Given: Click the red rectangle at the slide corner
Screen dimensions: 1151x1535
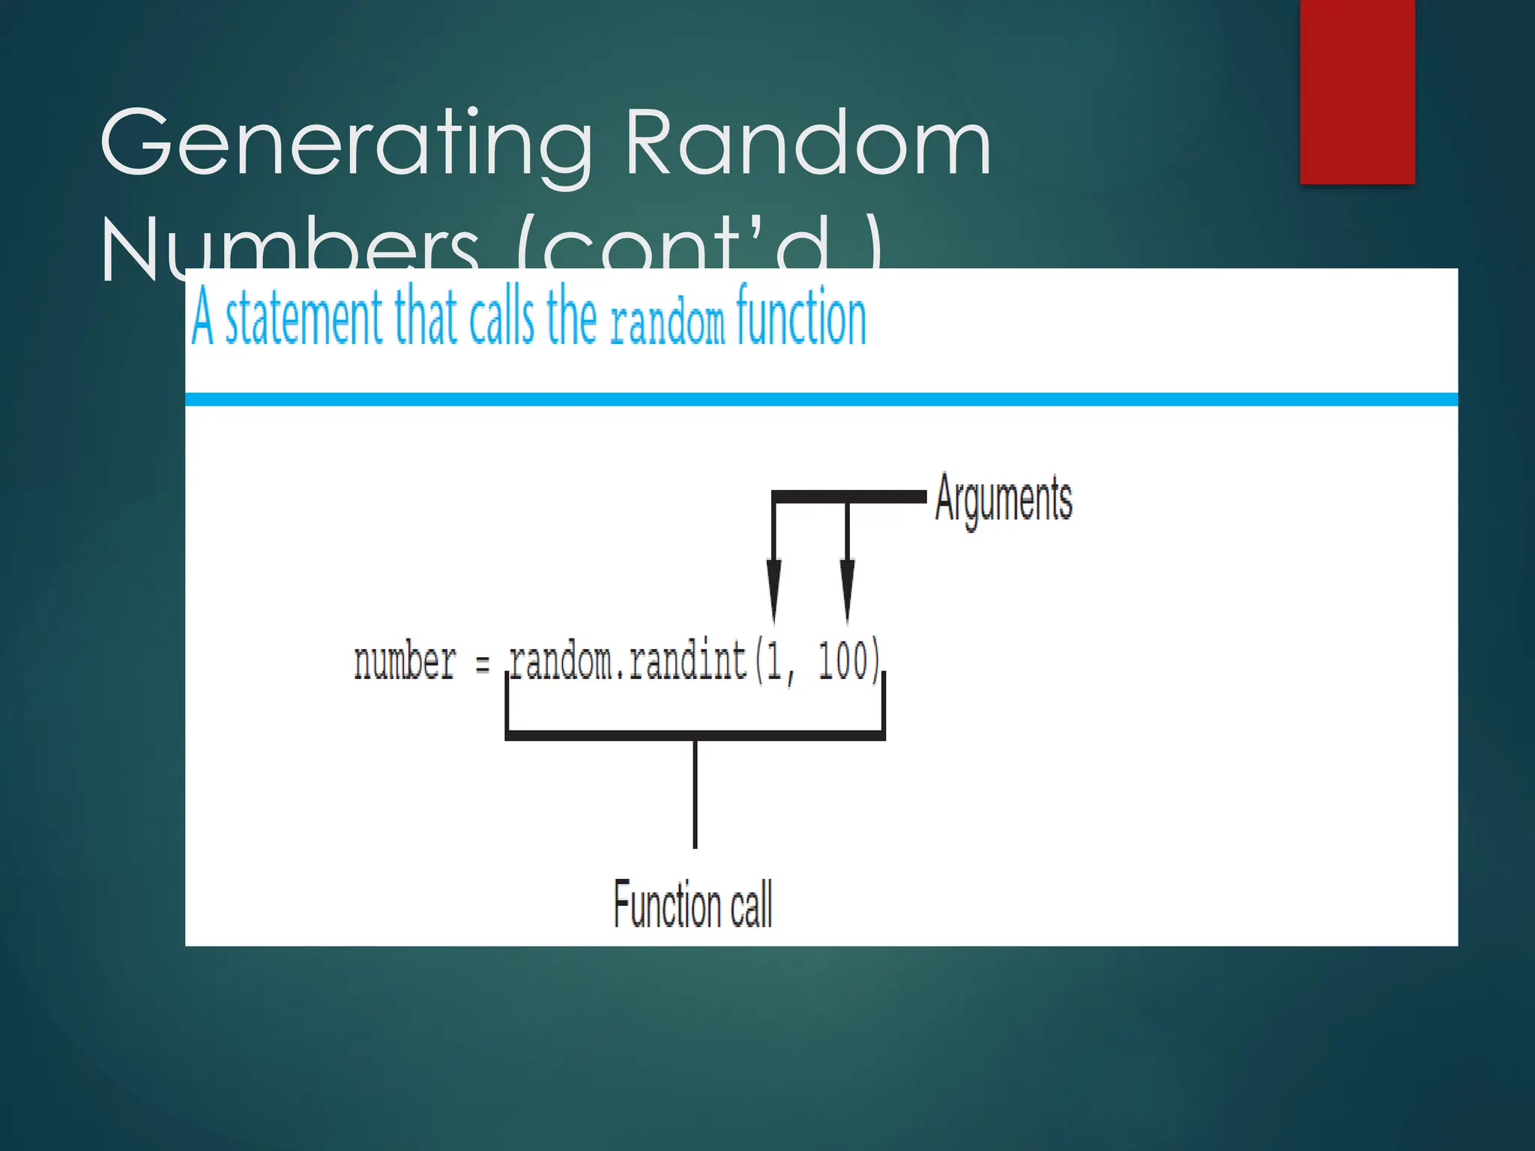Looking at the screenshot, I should pyautogui.click(x=1357, y=91).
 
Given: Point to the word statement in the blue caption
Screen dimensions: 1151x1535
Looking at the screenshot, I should pyautogui.click(x=304, y=318).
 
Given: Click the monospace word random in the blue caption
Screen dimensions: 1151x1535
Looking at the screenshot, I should pyautogui.click(x=667, y=324).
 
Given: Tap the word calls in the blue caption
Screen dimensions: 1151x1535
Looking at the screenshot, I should pyautogui.click(x=501, y=318).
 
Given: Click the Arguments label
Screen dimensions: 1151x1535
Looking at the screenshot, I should pyautogui.click(x=1003, y=499).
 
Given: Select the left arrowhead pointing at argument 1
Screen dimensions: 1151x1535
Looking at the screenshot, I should pyautogui.click(x=773, y=588).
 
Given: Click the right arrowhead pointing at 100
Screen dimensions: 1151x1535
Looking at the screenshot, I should pyautogui.click(x=847, y=588).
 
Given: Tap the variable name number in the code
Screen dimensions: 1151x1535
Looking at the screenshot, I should pyautogui.click(x=405, y=662).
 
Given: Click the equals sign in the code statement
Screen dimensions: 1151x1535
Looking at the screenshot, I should pyautogui.click(x=483, y=664).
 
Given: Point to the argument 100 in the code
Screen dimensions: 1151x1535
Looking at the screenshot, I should pyautogui.click(x=842, y=662).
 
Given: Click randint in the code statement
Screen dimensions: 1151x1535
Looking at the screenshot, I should pyautogui.click(x=687, y=662).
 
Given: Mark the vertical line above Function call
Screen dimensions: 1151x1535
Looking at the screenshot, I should pyautogui.click(x=695, y=794).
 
